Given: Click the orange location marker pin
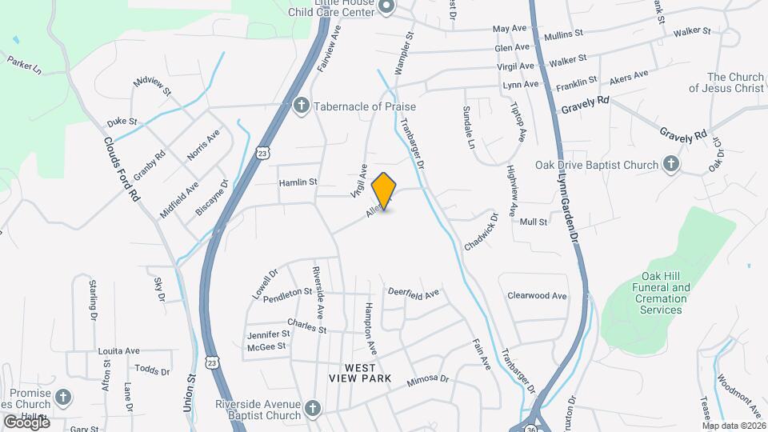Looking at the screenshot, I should (384, 190).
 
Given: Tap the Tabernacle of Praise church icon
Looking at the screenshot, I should (302, 106).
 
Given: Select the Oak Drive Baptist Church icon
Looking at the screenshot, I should (671, 165).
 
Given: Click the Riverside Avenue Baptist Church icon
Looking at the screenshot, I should (313, 409).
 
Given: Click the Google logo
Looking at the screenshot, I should (26, 422).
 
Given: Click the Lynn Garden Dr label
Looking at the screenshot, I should (566, 208).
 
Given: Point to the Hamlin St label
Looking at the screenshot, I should (298, 182).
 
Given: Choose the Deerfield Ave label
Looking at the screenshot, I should (414, 294).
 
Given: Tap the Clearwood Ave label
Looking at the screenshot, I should (537, 295).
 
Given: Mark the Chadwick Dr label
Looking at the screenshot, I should (481, 232).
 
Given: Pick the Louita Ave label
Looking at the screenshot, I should (118, 350).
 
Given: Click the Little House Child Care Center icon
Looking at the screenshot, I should (387, 8).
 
